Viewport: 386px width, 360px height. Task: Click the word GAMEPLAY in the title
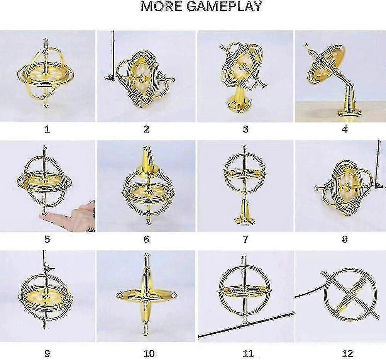(x=224, y=6)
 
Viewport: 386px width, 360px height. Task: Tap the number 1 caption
(x=47, y=129)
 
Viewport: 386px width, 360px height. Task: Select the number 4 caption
(x=345, y=129)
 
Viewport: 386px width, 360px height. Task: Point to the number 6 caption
(x=146, y=239)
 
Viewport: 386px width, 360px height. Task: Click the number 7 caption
(x=245, y=239)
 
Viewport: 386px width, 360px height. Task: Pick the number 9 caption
(x=47, y=353)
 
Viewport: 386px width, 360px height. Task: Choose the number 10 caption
(x=149, y=353)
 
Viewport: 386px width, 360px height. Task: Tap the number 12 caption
(x=347, y=353)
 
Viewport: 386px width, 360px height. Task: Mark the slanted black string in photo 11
(x=246, y=325)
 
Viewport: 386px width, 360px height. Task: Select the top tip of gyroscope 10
(x=146, y=256)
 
